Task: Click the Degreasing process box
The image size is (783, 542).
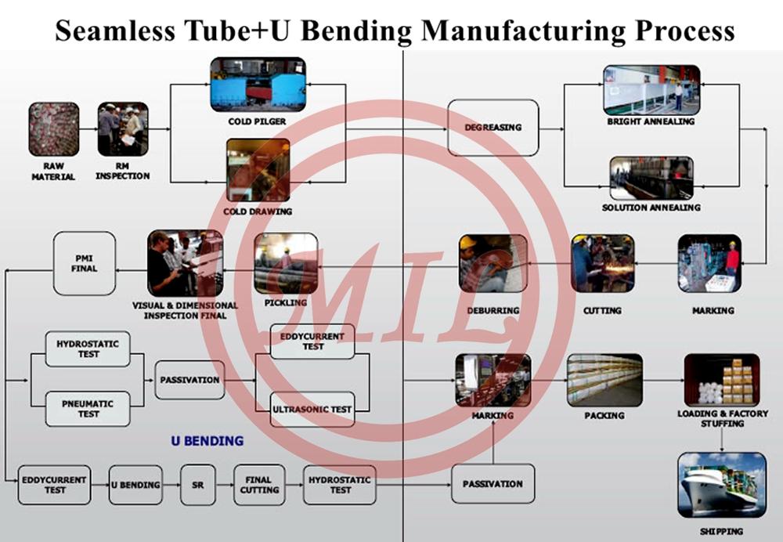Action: tap(493, 127)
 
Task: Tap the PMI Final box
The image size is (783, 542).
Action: tap(85, 262)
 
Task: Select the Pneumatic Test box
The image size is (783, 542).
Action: tap(88, 408)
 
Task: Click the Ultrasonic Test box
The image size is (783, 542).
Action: tap(312, 409)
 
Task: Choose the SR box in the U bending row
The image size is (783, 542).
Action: tap(197, 485)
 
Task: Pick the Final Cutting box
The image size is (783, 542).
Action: tap(258, 485)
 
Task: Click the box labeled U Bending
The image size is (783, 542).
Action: tap(135, 485)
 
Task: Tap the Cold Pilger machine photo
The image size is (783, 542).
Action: tap(257, 84)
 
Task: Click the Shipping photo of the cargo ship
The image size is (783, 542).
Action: tap(721, 486)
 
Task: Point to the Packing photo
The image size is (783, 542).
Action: tap(604, 380)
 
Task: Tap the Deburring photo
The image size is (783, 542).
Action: tap(493, 264)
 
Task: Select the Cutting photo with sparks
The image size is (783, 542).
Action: tap(602, 263)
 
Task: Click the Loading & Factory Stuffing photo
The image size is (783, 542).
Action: tap(721, 380)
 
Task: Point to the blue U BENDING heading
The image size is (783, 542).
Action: tap(207, 441)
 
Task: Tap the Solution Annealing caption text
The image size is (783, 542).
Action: tap(651, 208)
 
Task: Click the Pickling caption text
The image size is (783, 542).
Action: tap(285, 302)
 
